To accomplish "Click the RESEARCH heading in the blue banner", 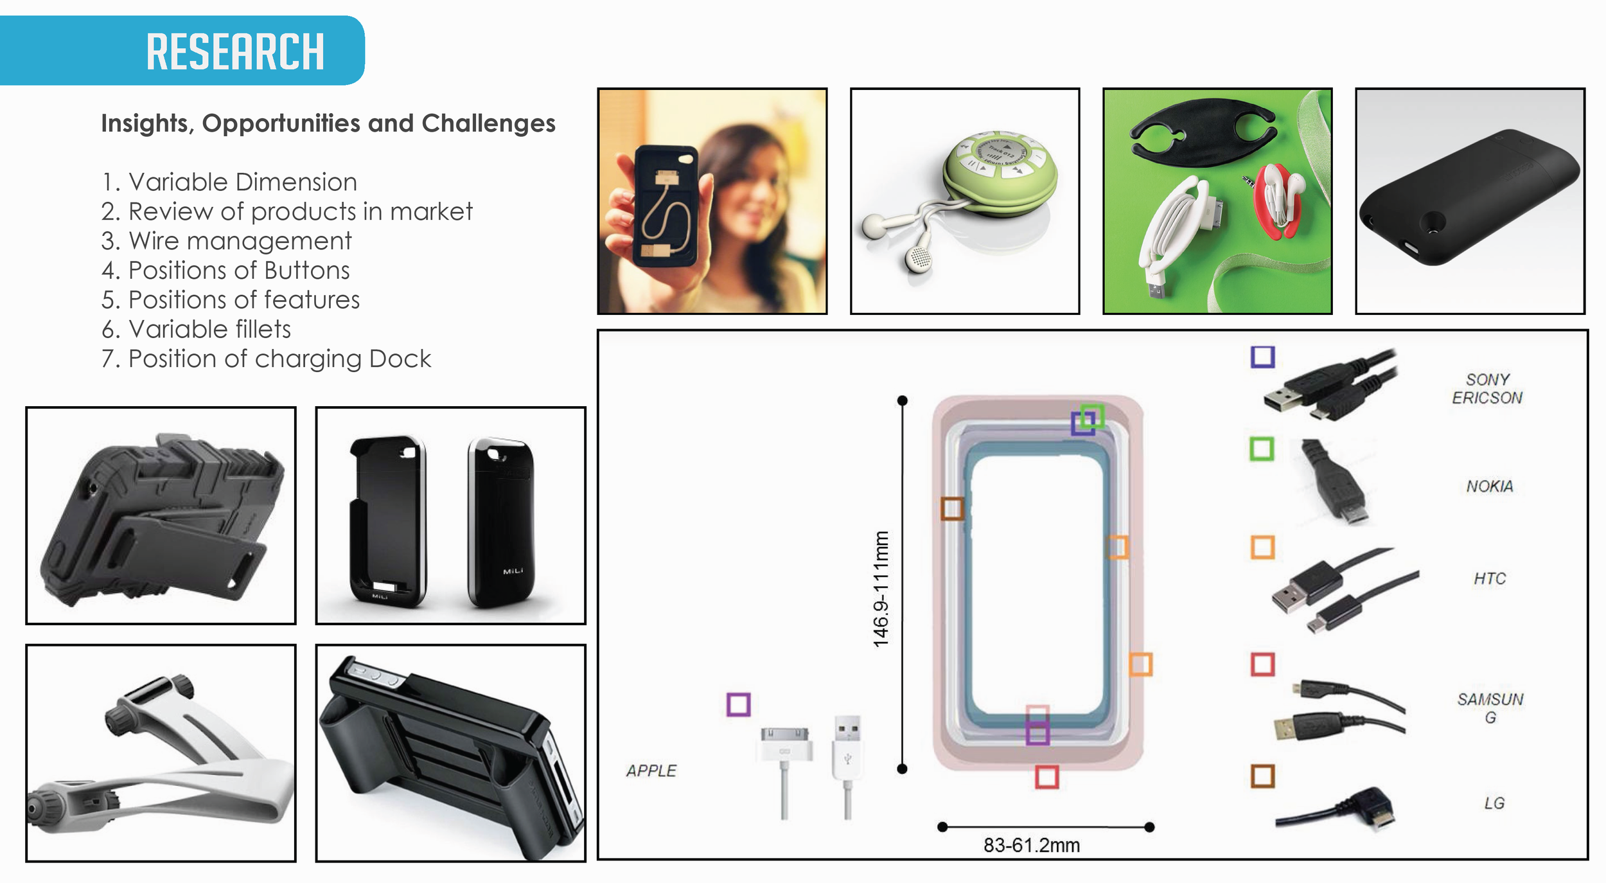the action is tap(235, 51).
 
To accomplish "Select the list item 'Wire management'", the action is tap(226, 241).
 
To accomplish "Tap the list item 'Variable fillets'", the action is tap(197, 329).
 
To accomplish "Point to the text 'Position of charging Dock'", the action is tap(266, 359).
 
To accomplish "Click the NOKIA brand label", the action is tap(1489, 486).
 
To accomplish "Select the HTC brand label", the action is tap(1489, 579).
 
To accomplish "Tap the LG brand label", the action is tap(1494, 803).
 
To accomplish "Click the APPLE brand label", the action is tap(651, 771).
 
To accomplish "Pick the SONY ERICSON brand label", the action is tap(1487, 389).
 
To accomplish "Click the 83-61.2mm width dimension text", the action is tap(1031, 846).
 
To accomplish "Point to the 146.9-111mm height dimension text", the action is tap(881, 589).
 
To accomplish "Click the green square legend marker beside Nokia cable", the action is tap(1262, 449).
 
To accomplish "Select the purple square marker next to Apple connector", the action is tap(738, 704).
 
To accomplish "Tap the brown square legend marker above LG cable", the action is tap(1262, 776).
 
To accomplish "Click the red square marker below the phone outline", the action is tap(1046, 777).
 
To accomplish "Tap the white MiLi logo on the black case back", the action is tap(513, 571).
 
